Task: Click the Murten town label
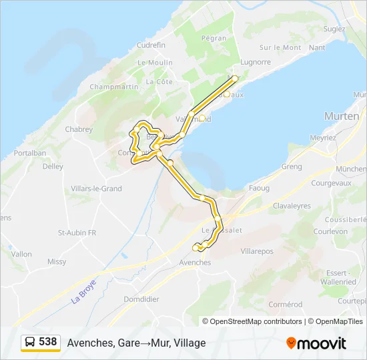tap(342, 115)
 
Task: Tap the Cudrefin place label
tap(151, 45)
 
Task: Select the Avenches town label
tap(195, 263)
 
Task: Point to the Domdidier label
tap(141, 299)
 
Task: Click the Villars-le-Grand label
tap(97, 189)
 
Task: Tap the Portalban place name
tap(29, 153)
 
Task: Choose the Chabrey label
tap(79, 129)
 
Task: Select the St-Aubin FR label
tap(77, 233)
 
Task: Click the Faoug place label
tap(259, 189)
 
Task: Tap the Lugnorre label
tap(256, 62)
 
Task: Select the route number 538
tap(48, 342)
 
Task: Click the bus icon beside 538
tap(30, 343)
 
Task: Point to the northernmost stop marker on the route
tap(234, 78)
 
